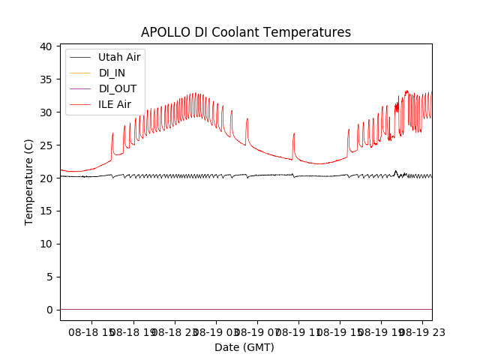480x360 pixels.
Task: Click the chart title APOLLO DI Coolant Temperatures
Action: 246,32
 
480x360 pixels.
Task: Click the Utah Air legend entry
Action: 118,57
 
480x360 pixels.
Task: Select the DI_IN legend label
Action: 113,73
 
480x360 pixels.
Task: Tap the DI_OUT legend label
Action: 118,88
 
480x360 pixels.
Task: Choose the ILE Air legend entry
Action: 115,104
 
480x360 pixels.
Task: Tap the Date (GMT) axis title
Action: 244,347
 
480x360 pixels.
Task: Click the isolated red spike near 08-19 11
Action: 294,135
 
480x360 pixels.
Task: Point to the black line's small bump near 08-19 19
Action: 395,172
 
